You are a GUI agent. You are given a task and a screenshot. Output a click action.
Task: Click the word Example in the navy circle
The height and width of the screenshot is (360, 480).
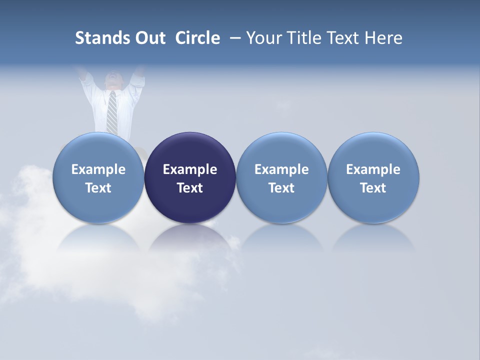190,169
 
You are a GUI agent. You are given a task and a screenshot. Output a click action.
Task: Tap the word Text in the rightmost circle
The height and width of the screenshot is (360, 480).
373,188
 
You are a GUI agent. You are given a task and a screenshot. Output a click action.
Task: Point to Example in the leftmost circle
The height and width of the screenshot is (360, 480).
98,169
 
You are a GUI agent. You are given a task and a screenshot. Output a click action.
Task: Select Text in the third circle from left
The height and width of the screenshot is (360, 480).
281,188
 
